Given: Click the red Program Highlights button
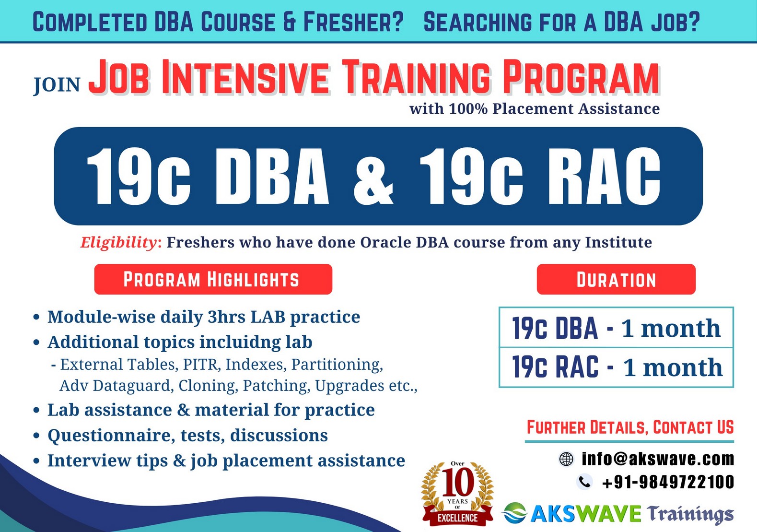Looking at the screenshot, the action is click(x=213, y=279).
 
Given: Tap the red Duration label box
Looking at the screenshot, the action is click(x=616, y=279).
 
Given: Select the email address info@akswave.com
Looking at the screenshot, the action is click(x=658, y=459).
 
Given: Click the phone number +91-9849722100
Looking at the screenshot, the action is click(x=668, y=482).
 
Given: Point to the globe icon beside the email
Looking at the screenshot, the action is click(x=566, y=459).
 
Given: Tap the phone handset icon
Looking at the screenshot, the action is click(x=584, y=482).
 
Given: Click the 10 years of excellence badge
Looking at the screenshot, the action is click(x=457, y=494).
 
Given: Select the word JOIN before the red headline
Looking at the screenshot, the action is click(x=57, y=85).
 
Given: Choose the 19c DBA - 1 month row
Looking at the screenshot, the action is click(x=616, y=327).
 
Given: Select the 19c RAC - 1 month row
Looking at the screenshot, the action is click(x=616, y=367).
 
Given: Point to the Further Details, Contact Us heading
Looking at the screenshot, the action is click(x=630, y=427).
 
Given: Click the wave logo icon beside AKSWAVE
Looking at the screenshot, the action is click(x=514, y=513).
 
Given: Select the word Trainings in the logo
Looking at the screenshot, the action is click(x=690, y=514).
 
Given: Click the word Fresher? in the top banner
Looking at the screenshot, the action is click(x=353, y=22).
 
